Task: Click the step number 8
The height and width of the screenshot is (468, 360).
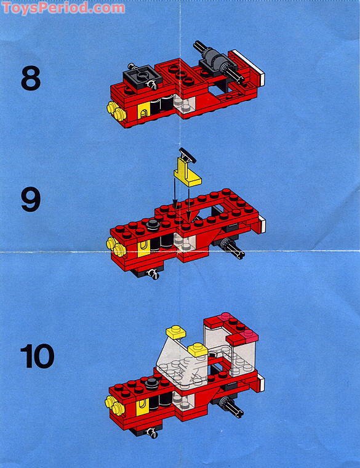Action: pyautogui.click(x=30, y=79)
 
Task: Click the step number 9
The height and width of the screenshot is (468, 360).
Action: pyautogui.click(x=30, y=200)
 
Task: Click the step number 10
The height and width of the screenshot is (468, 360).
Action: pyautogui.click(x=37, y=356)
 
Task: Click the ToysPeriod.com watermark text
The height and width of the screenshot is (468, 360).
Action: pyautogui.click(x=63, y=8)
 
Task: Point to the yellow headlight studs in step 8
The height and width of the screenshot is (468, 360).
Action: pyautogui.click(x=114, y=110)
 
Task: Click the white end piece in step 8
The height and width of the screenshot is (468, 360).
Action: pyautogui.click(x=260, y=78)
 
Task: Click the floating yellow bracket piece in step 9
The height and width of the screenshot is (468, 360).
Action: pyautogui.click(x=185, y=172)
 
